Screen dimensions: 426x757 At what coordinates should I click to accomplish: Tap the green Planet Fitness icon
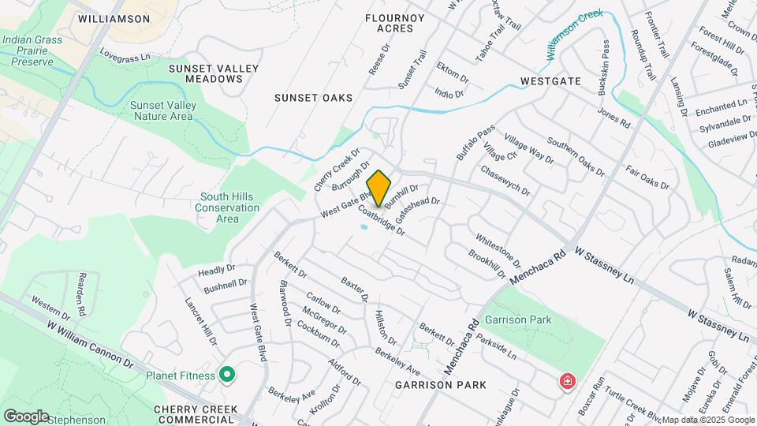(x=227, y=374)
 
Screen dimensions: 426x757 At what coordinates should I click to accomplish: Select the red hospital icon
(x=566, y=383)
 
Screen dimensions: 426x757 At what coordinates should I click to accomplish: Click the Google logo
(x=25, y=416)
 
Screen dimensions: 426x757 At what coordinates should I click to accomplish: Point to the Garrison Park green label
(x=518, y=319)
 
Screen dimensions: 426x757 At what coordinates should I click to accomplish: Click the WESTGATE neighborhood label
(x=550, y=81)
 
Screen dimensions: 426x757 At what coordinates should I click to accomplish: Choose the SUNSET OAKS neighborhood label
(x=313, y=98)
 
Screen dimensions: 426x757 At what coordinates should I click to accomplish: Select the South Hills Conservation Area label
(x=229, y=207)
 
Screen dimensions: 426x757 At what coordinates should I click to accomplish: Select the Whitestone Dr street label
(x=498, y=249)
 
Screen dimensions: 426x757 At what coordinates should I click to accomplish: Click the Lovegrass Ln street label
(x=125, y=57)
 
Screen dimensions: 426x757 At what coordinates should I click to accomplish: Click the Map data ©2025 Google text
(x=707, y=420)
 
